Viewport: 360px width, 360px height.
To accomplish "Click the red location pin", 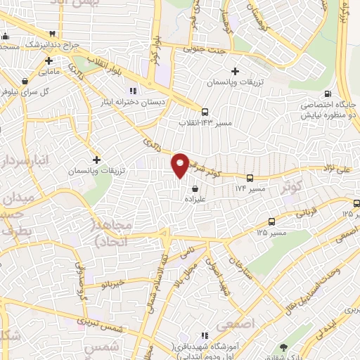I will (x=180, y=165).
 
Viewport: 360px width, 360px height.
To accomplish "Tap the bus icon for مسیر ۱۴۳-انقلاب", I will (x=205, y=111).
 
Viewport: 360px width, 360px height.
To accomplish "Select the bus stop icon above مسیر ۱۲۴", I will (x=250, y=177).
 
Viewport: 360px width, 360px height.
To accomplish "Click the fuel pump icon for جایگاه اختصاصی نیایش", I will (x=328, y=94).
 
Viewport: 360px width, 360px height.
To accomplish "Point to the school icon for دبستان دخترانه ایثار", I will (x=133, y=91).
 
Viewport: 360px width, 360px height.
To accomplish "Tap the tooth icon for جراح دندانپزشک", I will (x=53, y=34).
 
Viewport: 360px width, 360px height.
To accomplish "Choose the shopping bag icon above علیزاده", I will (x=194, y=188).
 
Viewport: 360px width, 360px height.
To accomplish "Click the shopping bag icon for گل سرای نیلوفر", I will (x=25, y=80).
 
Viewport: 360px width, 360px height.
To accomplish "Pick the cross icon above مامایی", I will (x=49, y=60).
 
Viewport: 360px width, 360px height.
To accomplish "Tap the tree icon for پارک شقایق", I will (x=283, y=347).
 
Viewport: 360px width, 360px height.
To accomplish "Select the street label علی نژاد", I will (x=344, y=169).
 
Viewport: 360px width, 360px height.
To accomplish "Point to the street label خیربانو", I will (x=112, y=283).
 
